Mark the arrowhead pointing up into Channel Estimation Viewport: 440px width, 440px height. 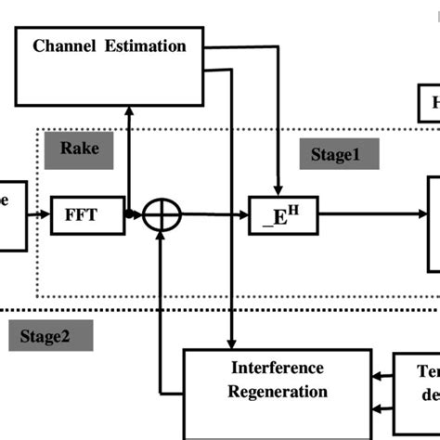coord(129,110)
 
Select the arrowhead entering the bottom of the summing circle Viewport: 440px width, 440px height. coord(163,239)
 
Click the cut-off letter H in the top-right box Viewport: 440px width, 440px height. coord(434,105)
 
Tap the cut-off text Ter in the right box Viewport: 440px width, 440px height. coord(429,369)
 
